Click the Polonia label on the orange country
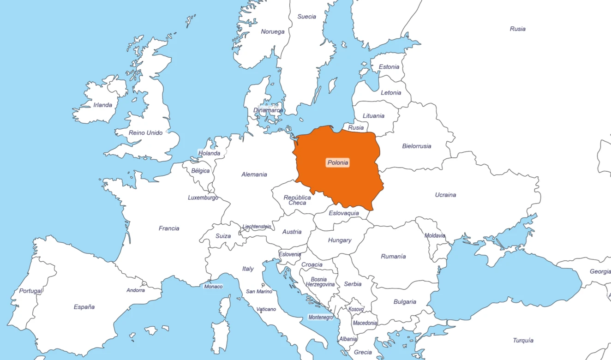click(x=337, y=162)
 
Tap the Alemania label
click(x=254, y=174)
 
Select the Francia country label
click(x=169, y=228)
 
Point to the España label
click(x=84, y=307)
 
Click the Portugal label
click(x=30, y=291)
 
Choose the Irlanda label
click(x=102, y=105)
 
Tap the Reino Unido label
click(x=146, y=133)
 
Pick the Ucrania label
click(x=445, y=195)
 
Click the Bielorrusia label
click(x=417, y=146)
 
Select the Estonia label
click(x=389, y=67)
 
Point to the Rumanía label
click(x=393, y=256)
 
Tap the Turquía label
click(x=523, y=340)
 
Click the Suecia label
click(x=307, y=17)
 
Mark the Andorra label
click(x=136, y=290)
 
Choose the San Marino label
click(x=259, y=291)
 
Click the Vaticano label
click(x=266, y=309)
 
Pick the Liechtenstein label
click(x=257, y=227)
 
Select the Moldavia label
click(x=435, y=235)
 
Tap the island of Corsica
click(x=225, y=306)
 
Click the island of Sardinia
click(x=221, y=336)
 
